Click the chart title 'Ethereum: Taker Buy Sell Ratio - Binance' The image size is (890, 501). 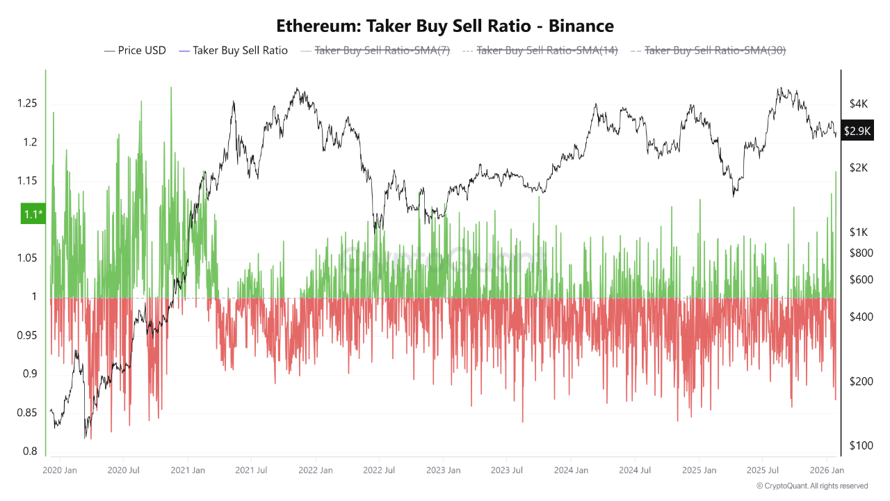click(x=445, y=26)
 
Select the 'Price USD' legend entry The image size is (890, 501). click(x=136, y=50)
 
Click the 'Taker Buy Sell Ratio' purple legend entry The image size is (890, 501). click(x=234, y=50)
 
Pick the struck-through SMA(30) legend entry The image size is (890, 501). click(x=708, y=50)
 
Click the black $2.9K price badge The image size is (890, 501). click(x=857, y=131)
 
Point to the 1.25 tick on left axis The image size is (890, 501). click(x=29, y=104)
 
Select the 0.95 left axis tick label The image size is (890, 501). click(x=29, y=336)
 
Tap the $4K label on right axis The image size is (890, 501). click(x=859, y=104)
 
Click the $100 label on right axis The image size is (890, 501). click(x=861, y=445)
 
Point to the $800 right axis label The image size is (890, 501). click(x=861, y=253)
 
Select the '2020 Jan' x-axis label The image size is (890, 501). click(x=60, y=470)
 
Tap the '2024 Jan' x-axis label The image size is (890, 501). click(x=571, y=470)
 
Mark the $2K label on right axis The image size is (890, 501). click(x=859, y=168)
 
